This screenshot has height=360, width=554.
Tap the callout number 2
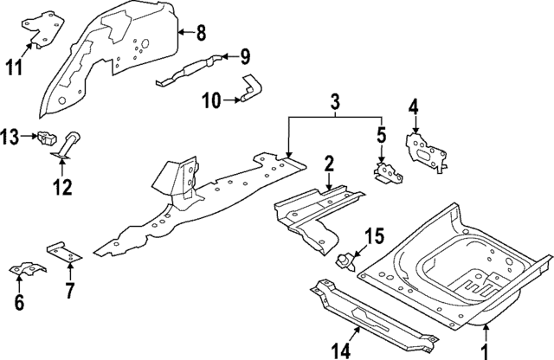329,163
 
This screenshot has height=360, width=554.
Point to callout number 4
414,108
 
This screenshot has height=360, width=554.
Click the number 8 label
200,34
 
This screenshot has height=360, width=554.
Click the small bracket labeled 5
387,170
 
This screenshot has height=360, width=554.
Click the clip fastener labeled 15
347,259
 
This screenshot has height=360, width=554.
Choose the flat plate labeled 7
64,254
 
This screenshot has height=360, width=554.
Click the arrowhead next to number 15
357,249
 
